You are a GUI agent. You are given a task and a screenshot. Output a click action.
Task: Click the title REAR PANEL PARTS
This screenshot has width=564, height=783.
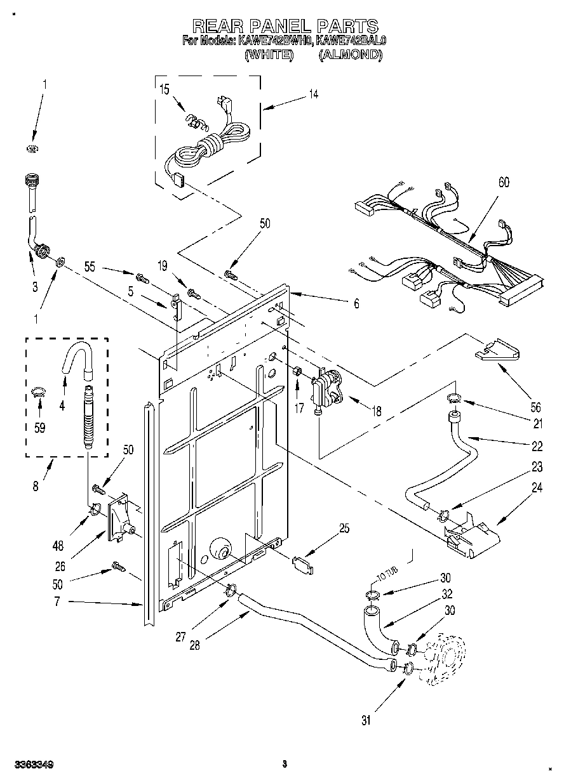(x=285, y=25)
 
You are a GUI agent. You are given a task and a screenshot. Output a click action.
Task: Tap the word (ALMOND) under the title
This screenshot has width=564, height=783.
(x=350, y=55)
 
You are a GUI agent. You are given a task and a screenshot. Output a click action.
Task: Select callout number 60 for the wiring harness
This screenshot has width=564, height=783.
(x=503, y=183)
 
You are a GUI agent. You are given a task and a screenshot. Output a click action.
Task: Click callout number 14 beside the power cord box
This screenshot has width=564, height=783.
(x=313, y=95)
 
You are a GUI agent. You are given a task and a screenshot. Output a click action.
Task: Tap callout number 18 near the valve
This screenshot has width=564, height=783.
(x=377, y=411)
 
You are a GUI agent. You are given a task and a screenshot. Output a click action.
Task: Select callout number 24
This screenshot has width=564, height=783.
(x=537, y=488)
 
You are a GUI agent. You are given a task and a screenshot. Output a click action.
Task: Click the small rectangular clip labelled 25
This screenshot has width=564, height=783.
(x=303, y=565)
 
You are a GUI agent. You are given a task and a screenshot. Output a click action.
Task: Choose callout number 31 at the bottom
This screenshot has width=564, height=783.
(x=366, y=720)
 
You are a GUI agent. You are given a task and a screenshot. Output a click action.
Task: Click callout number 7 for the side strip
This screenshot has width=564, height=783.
(x=57, y=602)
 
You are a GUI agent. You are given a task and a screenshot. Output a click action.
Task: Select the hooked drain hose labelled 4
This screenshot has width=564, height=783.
(x=76, y=360)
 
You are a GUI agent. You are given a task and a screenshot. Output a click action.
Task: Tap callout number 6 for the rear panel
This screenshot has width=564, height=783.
(x=356, y=304)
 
